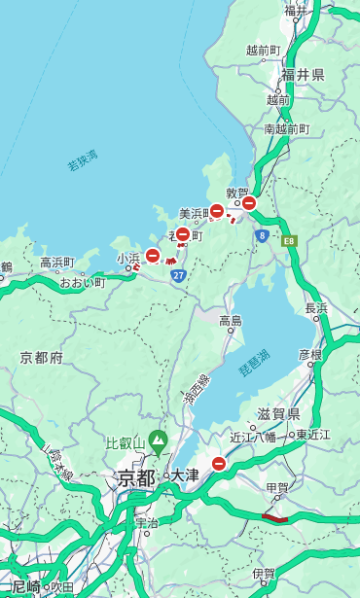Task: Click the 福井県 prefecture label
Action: tap(304, 74)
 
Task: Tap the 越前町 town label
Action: tap(264, 50)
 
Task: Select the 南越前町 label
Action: tap(286, 128)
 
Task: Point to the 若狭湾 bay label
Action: tap(83, 161)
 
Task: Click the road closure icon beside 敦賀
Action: tap(249, 203)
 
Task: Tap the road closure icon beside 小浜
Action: tap(153, 255)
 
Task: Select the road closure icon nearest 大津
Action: tap(219, 465)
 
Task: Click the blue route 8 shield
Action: tap(262, 235)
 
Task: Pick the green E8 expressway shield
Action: tap(289, 240)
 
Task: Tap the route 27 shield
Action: tap(178, 276)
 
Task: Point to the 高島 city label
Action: tap(231, 321)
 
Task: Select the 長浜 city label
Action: tap(316, 308)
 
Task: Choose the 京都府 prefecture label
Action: tap(42, 358)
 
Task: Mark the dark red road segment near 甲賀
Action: tap(275, 518)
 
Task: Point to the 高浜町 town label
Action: tap(57, 263)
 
